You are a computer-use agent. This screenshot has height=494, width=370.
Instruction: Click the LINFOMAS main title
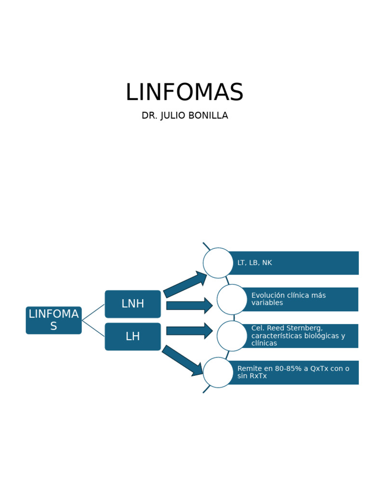(185, 92)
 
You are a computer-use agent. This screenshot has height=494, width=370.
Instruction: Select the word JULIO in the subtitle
(177, 116)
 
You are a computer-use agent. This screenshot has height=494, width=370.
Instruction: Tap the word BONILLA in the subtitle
(210, 116)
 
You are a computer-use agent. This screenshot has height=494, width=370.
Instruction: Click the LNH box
(132, 304)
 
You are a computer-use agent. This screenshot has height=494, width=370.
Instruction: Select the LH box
(132, 336)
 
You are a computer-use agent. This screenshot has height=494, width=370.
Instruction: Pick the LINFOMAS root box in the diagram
(53, 320)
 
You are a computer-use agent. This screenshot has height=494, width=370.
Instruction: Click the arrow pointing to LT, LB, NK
(185, 284)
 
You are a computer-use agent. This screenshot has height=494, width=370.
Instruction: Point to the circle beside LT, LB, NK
(218, 263)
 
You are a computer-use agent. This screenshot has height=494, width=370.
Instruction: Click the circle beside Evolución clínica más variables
(232, 299)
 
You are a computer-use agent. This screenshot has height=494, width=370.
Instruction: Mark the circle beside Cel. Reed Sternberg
(232, 336)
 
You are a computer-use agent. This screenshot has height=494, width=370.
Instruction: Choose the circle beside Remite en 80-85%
(218, 372)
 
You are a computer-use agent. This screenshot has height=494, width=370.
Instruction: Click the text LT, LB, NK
(254, 263)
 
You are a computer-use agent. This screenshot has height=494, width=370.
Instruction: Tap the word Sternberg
(304, 328)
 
